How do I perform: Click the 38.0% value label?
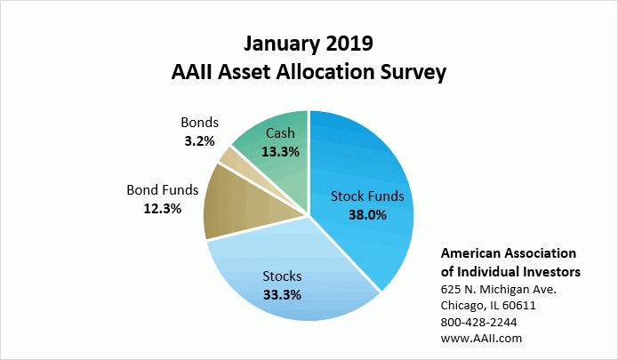367,215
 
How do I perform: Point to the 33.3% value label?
282,294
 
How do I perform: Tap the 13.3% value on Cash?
281,152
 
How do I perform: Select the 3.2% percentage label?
199,141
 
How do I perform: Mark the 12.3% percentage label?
163,209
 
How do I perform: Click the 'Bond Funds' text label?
163,190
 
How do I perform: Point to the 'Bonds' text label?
199,123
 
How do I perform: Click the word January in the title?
281,44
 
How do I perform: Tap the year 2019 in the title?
349,44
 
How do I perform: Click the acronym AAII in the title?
192,72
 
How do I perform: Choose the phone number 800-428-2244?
479,322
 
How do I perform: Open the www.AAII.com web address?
481,339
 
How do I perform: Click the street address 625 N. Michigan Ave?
499,290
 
